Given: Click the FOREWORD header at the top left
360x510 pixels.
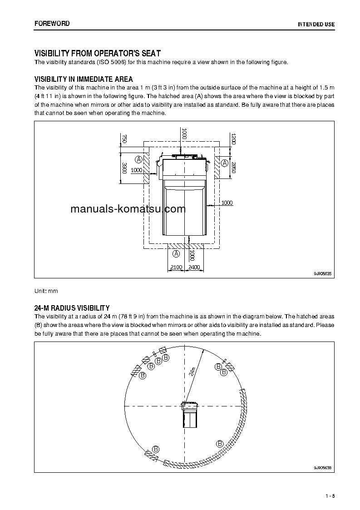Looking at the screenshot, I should pyautogui.click(x=52, y=24).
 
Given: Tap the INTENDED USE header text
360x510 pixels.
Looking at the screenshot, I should pyautogui.click(x=316, y=24).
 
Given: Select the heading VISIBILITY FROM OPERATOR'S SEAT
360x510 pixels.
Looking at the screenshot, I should pyautogui.click(x=98, y=54).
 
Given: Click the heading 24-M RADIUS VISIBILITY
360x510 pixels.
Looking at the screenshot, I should pyautogui.click(x=72, y=308).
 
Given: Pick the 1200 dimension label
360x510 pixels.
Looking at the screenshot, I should pyautogui.click(x=233, y=139).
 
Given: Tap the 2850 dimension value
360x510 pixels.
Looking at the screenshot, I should pyautogui.click(x=233, y=167).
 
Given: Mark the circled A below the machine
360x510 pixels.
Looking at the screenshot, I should pyautogui.click(x=176, y=253).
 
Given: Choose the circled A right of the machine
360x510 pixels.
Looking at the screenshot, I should pyautogui.click(x=224, y=162).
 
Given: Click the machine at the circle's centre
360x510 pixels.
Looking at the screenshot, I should pyautogui.click(x=190, y=414).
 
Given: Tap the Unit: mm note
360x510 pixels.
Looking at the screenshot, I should pyautogui.click(x=46, y=291).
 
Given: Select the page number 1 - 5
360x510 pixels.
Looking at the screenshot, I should pyautogui.click(x=330, y=495).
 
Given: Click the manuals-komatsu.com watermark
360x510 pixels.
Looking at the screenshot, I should pyautogui.click(x=122, y=209).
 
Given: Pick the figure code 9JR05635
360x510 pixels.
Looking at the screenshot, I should pyautogui.click(x=323, y=273).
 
